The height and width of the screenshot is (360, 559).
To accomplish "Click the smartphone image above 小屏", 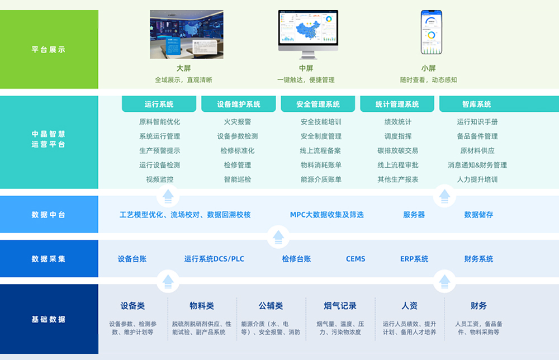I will (431, 33).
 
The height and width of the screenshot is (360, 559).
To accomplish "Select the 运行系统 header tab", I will (159, 104).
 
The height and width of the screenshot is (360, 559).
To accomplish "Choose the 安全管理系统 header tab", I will (318, 104).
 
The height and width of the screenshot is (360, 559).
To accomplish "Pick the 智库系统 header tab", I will (476, 104).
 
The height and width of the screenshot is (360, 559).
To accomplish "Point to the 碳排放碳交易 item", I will (397, 151).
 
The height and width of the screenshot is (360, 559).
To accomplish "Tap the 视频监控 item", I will (159, 180).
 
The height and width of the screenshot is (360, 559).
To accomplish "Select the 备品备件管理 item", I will (477, 136).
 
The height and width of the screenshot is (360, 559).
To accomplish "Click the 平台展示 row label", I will (49, 50).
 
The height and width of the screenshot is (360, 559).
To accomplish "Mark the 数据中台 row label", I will (49, 215).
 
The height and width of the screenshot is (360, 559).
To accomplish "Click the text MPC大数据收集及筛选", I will (326, 215).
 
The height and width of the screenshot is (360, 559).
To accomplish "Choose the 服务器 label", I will (414, 215).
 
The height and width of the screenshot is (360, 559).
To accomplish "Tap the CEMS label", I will (356, 259).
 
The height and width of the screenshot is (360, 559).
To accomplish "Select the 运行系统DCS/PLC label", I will (214, 259).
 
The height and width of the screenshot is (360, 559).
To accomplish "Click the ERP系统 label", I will (414, 259).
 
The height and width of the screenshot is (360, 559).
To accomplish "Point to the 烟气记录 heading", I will (340, 306).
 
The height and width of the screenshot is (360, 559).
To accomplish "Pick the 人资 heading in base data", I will (409, 306).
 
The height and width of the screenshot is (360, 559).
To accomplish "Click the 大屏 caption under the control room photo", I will (183, 68).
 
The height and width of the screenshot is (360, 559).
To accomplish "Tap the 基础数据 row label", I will (49, 320).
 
